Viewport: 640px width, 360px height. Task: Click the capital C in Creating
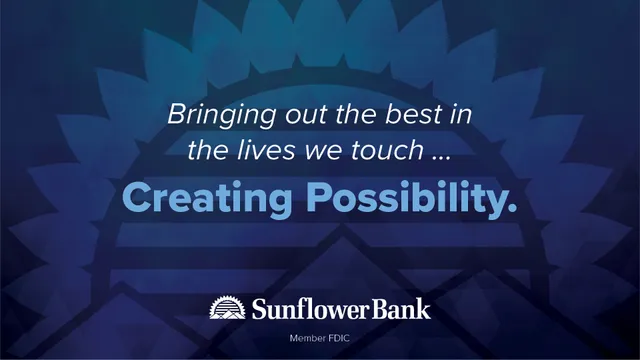[133, 197]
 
